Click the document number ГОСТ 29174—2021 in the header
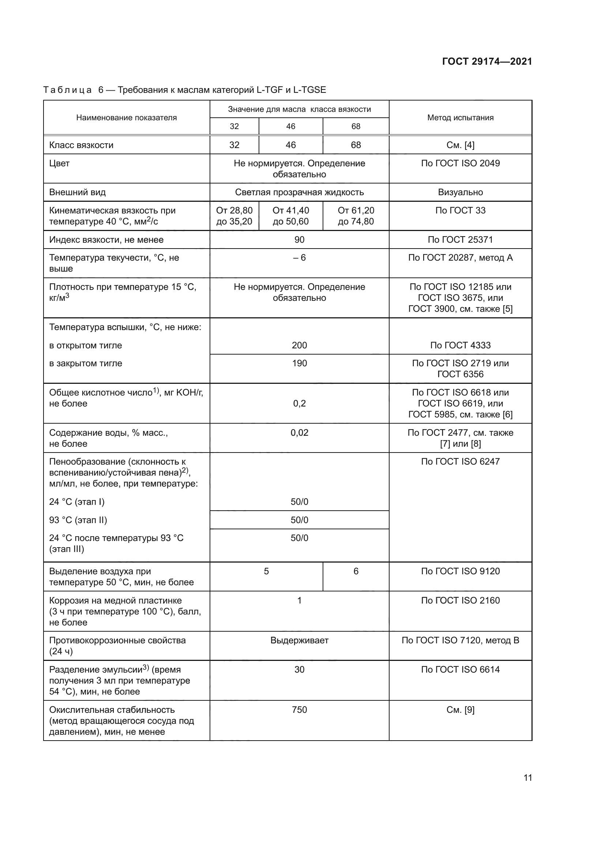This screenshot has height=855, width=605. pyautogui.click(x=486, y=61)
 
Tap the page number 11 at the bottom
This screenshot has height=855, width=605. pyautogui.click(x=527, y=778)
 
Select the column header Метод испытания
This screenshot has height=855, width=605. pyautogui.click(x=460, y=118)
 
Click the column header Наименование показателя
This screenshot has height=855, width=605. pyautogui.click(x=126, y=118)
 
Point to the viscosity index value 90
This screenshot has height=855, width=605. pyautogui.click(x=299, y=240)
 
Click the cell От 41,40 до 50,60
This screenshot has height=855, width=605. pyautogui.click(x=290, y=216)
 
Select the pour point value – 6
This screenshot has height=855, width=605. pyautogui.click(x=299, y=258)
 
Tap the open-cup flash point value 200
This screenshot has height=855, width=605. pyautogui.click(x=299, y=345)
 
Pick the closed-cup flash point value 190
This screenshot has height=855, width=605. pyautogui.click(x=299, y=363)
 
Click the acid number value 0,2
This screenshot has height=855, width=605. pyautogui.click(x=299, y=404)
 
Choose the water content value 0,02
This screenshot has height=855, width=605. pyautogui.click(x=299, y=433)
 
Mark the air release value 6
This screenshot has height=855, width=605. pyautogui.click(x=356, y=571)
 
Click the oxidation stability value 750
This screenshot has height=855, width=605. pyautogui.click(x=299, y=710)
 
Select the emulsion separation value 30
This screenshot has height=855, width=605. pyautogui.click(x=299, y=670)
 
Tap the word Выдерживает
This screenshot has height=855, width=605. pyautogui.click(x=299, y=640)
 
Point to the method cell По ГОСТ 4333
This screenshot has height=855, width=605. pyautogui.click(x=460, y=345)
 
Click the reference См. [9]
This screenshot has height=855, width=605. pyautogui.click(x=460, y=710)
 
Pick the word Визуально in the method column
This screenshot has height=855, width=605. pyautogui.click(x=460, y=193)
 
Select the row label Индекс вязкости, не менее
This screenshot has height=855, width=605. pyautogui.click(x=106, y=240)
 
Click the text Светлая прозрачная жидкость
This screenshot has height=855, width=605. pyautogui.click(x=299, y=193)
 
